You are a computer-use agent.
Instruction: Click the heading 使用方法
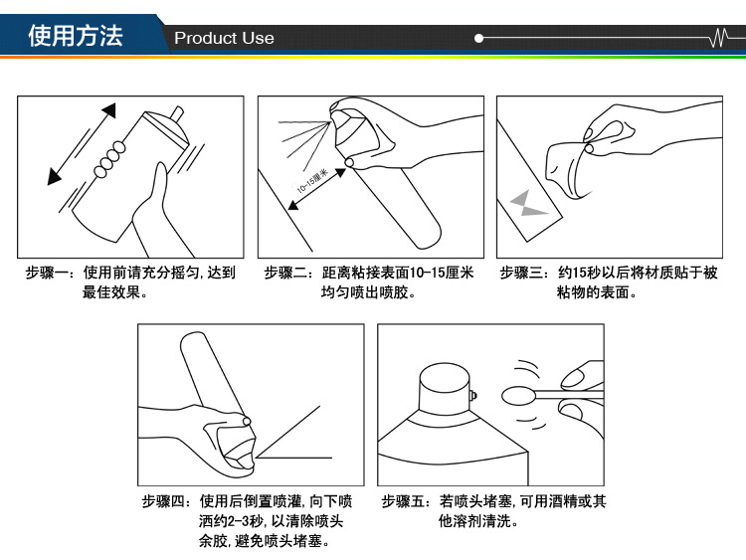coord(76,36)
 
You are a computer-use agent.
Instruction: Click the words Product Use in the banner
coord(224,38)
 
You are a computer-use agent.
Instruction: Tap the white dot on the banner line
coord(478,38)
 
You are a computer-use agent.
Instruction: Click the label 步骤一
coord(47,273)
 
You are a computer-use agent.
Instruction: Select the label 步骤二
coord(285,273)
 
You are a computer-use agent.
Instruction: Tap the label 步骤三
coord(521,273)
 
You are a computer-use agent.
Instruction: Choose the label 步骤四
coord(163,501)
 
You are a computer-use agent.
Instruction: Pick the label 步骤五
coord(403,501)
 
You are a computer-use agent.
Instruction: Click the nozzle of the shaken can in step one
coord(177,113)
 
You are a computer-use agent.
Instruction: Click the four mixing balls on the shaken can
coord(109,159)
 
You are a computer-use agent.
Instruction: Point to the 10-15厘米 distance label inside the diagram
coord(312,181)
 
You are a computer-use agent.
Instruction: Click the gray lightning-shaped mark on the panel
coord(527,203)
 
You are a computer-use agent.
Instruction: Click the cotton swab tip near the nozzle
coord(518,395)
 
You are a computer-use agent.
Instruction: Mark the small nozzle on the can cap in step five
coord(473,395)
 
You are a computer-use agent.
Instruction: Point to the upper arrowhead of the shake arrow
coord(109,110)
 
